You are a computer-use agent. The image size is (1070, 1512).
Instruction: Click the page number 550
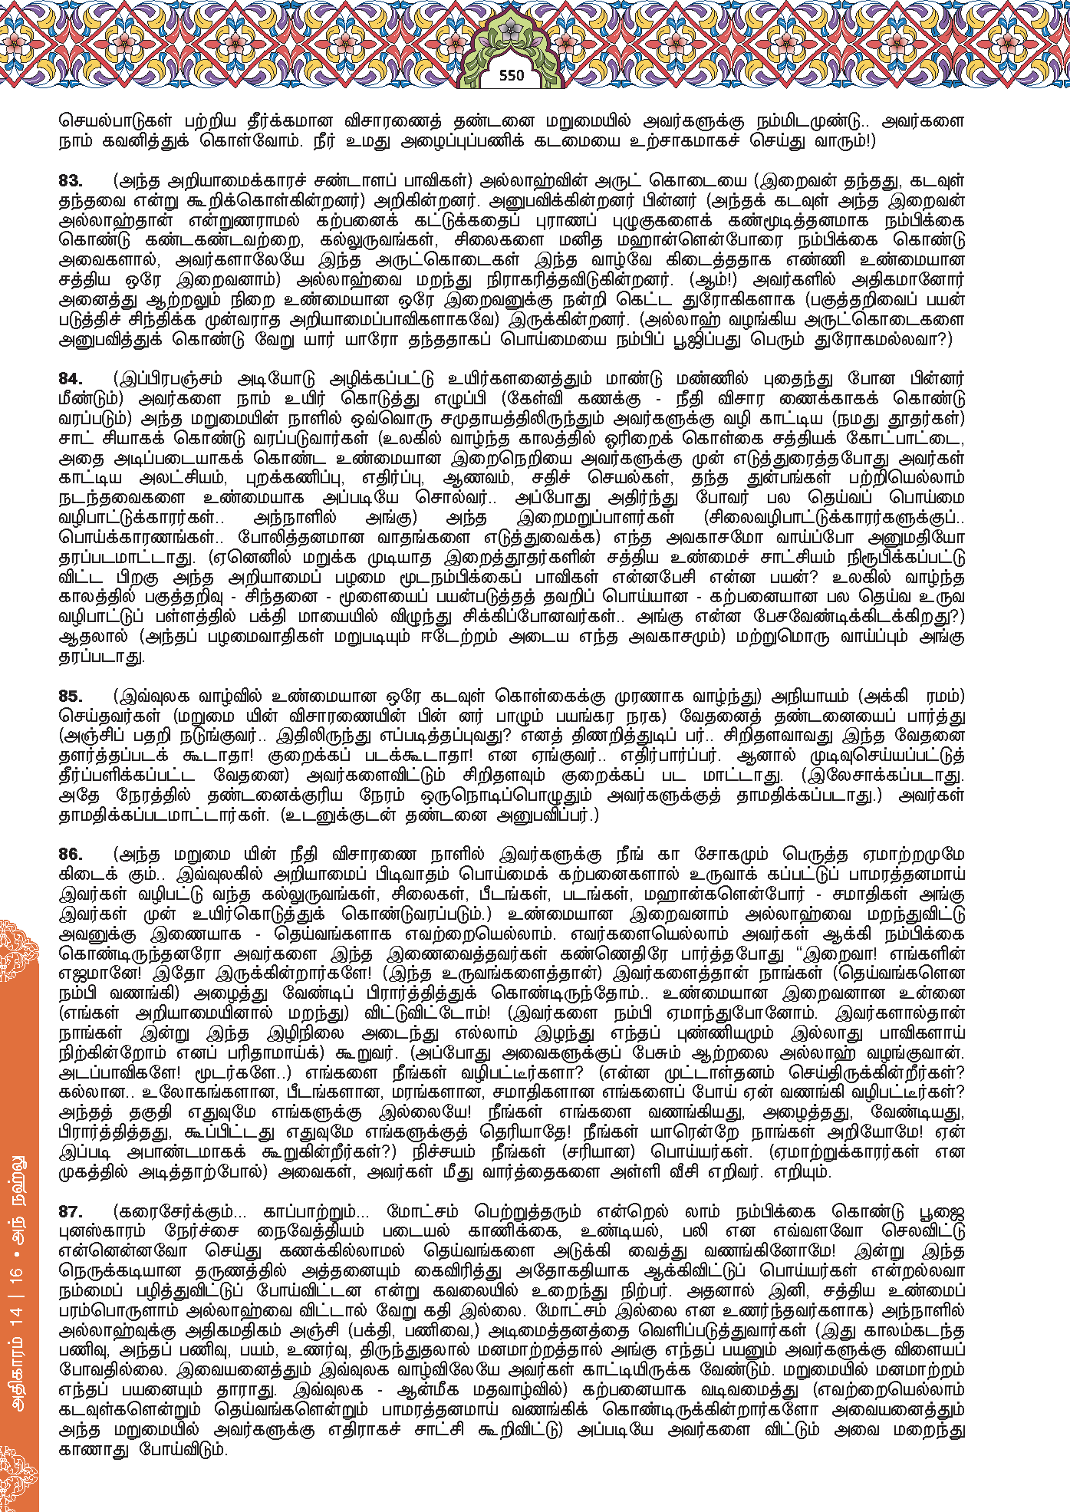511,75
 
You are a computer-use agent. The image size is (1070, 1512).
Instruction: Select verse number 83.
71,181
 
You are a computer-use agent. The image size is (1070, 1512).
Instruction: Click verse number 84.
71,379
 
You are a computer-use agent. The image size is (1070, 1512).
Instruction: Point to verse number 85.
71,697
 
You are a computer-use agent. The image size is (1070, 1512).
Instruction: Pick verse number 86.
71,855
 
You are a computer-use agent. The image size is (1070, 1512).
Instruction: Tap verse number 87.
71,1212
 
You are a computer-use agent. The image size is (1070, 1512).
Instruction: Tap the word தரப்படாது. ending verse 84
102,657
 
